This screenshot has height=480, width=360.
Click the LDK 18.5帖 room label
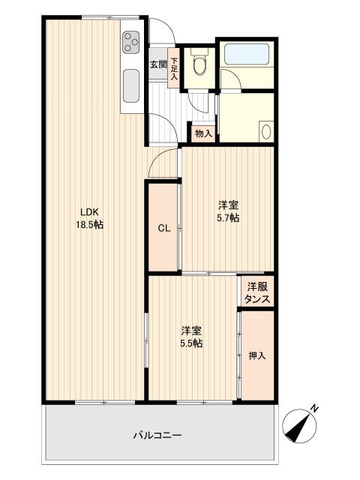[89, 218]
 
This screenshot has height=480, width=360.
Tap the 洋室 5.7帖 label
[228, 211]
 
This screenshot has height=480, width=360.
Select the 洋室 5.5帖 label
[191, 337]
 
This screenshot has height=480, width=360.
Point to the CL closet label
[164, 228]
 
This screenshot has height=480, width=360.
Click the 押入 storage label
[256, 355]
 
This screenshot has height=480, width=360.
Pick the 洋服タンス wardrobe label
[258, 293]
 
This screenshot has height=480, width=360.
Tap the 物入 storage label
[203, 133]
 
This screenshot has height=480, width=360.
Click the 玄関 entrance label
[158, 64]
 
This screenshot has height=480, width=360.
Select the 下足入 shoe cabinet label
[174, 68]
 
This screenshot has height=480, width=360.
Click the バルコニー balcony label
[157, 435]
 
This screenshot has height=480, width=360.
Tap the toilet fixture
[199, 62]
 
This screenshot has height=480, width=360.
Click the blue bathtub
[247, 54]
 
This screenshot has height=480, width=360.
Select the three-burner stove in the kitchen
[132, 42]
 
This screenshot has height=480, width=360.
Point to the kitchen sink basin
[131, 86]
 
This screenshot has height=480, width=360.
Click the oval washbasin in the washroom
[267, 131]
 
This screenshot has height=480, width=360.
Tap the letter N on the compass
[314, 408]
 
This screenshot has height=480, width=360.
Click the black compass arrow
[297, 428]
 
